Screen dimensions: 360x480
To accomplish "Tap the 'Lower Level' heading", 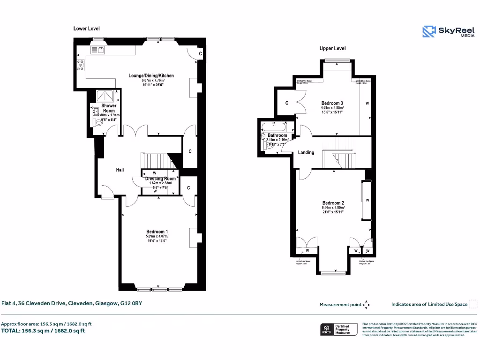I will coord(86,29).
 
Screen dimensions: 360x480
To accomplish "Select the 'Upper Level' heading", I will coord(332,48).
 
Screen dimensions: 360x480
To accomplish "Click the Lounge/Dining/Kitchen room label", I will coord(151,75).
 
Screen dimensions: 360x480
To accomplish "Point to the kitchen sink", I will coord(100,48).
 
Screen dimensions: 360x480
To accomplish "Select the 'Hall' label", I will coord(120,170).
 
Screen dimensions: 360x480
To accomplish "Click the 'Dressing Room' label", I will coord(160,179).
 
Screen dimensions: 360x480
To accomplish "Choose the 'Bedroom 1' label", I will coord(157,232).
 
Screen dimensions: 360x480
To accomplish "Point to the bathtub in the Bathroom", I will coord(275,126).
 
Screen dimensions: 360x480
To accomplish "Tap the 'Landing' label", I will coord(306,153).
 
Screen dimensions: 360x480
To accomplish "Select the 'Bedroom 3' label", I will coord(332,103).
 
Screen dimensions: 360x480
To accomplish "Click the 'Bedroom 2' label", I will coord(333,203).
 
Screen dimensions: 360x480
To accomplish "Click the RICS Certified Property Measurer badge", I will coord(335,329).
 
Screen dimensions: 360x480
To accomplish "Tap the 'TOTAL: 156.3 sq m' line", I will coord(43,330).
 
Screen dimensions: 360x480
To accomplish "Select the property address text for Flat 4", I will coord(71,303).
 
